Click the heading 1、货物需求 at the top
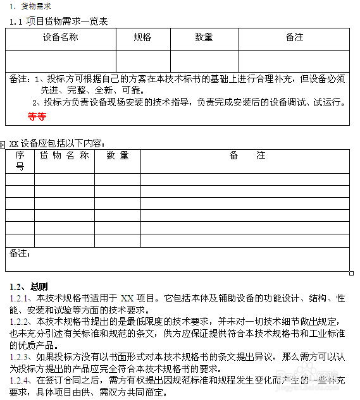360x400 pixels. coord(31,6)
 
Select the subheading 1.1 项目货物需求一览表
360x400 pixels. coord(59,21)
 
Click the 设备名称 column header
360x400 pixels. coord(61,38)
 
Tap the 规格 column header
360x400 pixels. coord(142,38)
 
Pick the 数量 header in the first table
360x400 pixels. coord(204,38)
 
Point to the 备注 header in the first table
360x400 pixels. coord(294,38)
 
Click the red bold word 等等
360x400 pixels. coord(37,117)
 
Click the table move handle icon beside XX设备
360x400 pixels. coord(3,145)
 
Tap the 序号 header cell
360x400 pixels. coord(20,161)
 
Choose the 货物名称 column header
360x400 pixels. coord(65,155)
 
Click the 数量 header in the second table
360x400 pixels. coord(118,155)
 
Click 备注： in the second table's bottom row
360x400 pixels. coord(20,253)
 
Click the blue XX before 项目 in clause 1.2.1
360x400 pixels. coord(127,298)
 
